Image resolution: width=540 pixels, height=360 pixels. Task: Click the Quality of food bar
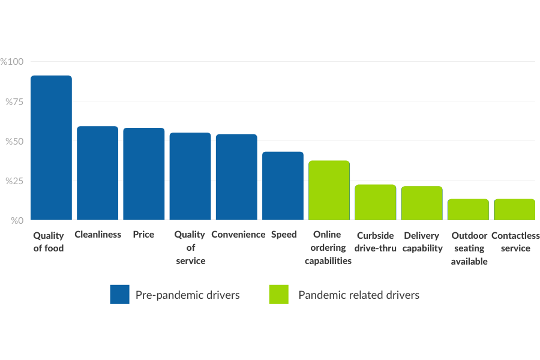click(x=51, y=148)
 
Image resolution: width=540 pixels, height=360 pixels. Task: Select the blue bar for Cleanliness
click(x=97, y=173)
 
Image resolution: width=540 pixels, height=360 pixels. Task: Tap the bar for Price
click(x=144, y=174)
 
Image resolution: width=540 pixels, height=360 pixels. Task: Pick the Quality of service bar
click(x=190, y=176)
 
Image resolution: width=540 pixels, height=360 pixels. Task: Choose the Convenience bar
click(x=236, y=177)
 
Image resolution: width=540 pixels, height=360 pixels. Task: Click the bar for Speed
click(x=283, y=185)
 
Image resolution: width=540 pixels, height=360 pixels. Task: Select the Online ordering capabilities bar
click(x=329, y=190)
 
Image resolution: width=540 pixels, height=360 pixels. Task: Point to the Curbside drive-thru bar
click(x=375, y=202)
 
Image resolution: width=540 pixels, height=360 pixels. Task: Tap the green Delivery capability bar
click(x=422, y=203)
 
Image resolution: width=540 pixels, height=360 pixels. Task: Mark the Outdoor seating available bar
click(x=468, y=209)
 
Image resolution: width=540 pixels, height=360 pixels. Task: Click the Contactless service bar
click(x=514, y=209)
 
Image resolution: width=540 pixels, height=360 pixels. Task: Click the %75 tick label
click(x=14, y=101)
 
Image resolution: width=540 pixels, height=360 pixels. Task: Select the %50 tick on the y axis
click(x=14, y=141)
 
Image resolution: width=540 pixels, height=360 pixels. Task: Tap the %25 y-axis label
click(x=14, y=181)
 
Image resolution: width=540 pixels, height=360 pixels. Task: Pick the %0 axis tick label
click(x=16, y=220)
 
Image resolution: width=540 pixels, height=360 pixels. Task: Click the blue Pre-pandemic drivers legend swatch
click(x=119, y=295)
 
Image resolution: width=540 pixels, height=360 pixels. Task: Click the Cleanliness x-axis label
click(x=98, y=235)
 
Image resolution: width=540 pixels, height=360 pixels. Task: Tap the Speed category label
click(x=283, y=235)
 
